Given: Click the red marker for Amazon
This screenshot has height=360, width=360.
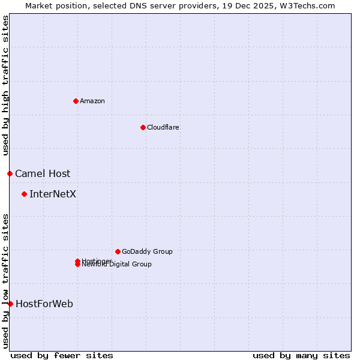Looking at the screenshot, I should [76, 101].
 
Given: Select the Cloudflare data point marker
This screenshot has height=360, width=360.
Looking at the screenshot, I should [143, 127].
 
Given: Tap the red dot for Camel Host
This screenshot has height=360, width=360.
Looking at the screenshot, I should [10, 173].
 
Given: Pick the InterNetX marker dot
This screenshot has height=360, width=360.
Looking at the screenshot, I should [24, 194].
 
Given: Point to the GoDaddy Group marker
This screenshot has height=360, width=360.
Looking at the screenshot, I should [118, 251].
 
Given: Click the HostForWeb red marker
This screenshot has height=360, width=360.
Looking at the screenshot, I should [10, 304].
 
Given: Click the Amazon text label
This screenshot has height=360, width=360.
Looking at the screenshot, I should [92, 101].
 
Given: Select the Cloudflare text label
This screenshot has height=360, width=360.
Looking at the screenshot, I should [163, 127].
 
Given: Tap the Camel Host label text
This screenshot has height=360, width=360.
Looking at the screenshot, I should [43, 173].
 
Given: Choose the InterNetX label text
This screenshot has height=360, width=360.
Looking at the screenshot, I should [53, 194].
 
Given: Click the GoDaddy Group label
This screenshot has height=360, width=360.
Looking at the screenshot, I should [147, 251].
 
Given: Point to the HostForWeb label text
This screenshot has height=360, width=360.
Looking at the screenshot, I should [44, 304].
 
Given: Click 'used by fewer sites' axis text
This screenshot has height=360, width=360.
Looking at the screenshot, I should [62, 355].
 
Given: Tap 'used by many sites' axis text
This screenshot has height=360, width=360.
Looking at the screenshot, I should [301, 355].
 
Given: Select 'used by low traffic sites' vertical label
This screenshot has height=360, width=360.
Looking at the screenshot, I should [5, 280].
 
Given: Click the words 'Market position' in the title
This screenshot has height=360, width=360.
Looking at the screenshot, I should [52, 5].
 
